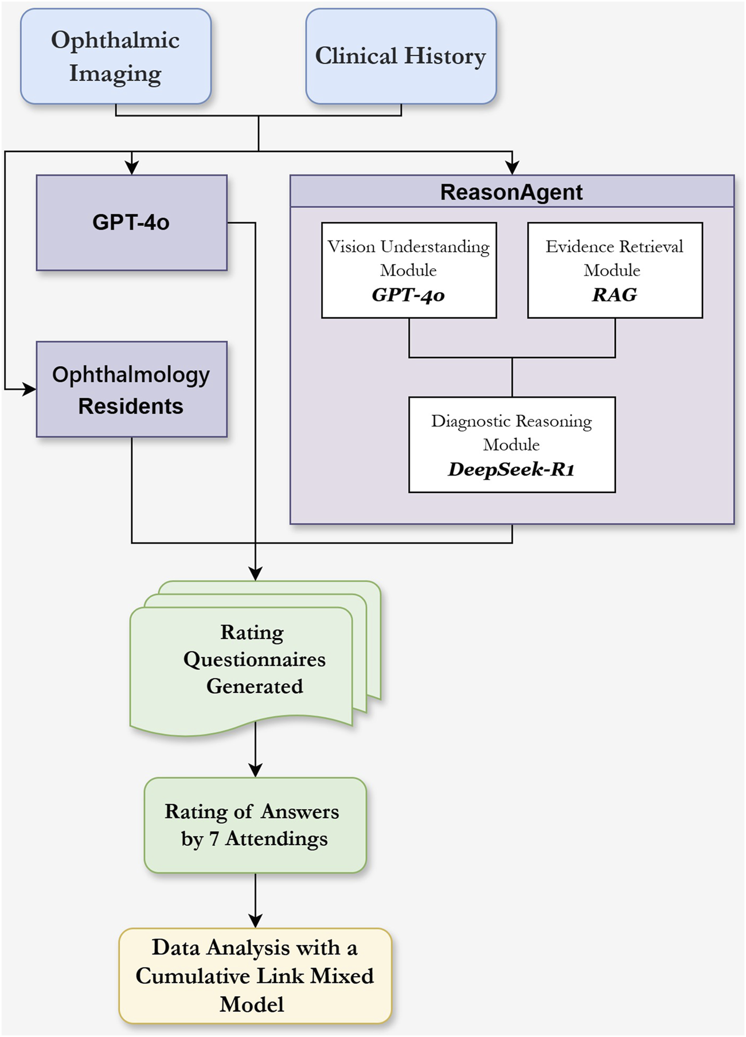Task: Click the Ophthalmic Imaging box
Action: tap(115, 56)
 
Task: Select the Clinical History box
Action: tap(400, 56)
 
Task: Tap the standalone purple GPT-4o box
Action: tap(131, 223)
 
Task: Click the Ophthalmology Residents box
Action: tap(131, 390)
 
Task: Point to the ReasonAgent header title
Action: tap(511, 192)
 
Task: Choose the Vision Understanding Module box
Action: tap(409, 270)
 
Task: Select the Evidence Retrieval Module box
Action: tap(615, 270)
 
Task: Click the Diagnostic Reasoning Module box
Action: tap(511, 444)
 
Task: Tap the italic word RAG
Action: tap(615, 295)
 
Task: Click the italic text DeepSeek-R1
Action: tap(511, 469)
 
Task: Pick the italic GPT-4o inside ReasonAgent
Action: tap(408, 295)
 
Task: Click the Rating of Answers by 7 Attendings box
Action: tap(255, 825)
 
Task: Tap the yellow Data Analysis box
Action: tap(255, 976)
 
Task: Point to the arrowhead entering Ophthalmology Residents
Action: tap(29, 390)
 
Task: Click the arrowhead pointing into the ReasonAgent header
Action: tap(512, 168)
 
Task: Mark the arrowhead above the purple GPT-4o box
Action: tap(132, 168)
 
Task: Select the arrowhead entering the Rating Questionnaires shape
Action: tap(255, 574)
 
